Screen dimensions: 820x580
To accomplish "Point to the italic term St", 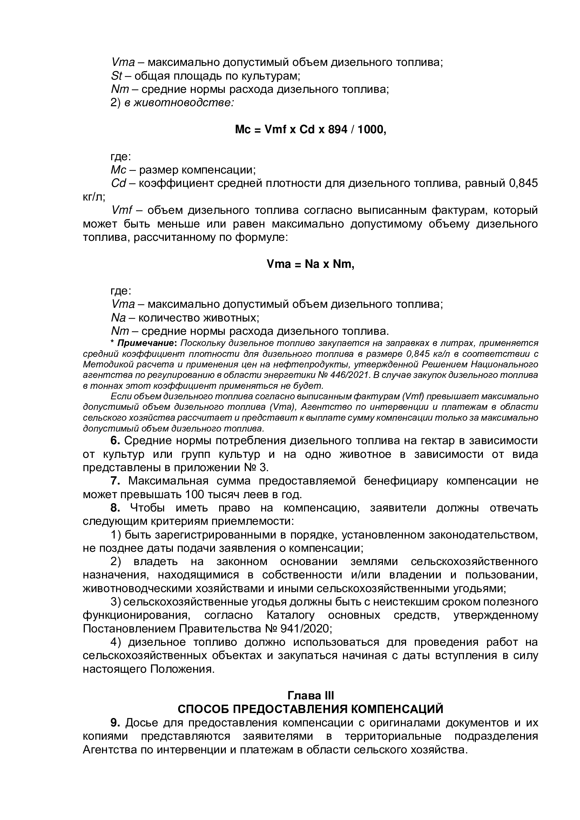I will [x=116, y=76].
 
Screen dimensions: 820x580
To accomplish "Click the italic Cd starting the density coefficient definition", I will [x=119, y=183].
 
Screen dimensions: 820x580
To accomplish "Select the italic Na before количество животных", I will [x=118, y=318].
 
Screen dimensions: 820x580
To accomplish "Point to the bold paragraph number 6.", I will [x=115, y=441].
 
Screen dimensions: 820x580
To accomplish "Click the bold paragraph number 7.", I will [x=115, y=481].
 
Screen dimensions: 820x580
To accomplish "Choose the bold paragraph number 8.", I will [x=115, y=508].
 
